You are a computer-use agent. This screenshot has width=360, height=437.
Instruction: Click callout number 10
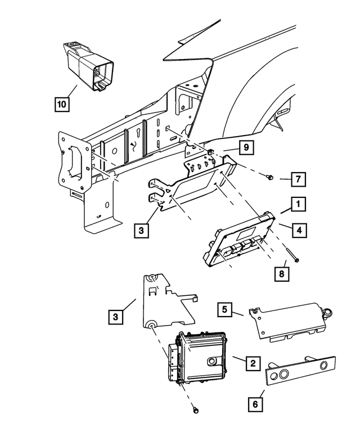[x=63, y=104]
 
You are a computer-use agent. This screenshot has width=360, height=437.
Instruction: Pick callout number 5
[x=224, y=309]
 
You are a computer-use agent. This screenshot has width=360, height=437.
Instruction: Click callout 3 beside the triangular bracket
[x=115, y=317]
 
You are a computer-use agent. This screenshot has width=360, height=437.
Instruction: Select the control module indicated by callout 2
[x=200, y=357]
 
